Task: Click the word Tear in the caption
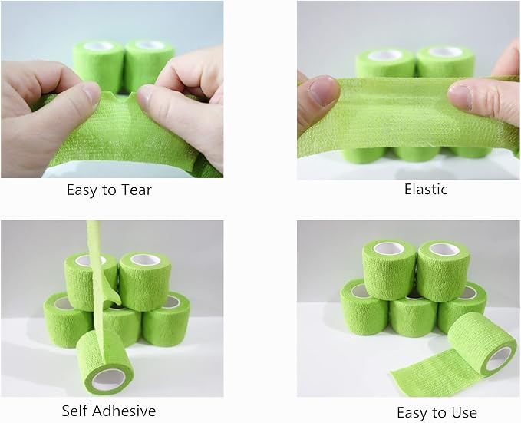[x=134, y=190]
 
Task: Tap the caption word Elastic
[x=426, y=189]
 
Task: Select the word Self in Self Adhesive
[x=75, y=411]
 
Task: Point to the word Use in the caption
[x=463, y=412]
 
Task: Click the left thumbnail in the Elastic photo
[x=323, y=91]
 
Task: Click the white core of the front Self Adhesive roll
[x=107, y=378]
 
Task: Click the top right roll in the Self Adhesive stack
[x=145, y=279]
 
